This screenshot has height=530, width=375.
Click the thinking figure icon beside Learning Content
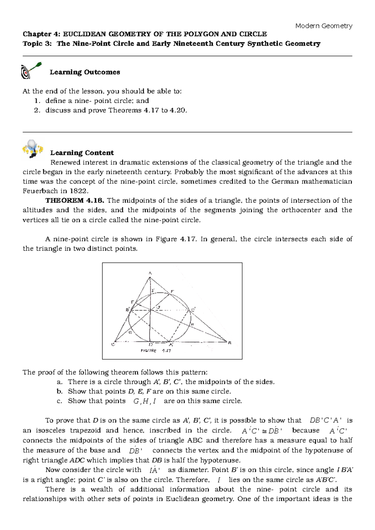(x=33, y=149)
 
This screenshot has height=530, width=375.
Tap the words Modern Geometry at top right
(x=324, y=26)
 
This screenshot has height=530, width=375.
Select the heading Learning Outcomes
(x=85, y=72)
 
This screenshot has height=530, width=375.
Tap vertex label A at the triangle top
(x=150, y=273)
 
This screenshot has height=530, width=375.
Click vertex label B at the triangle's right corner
(x=230, y=343)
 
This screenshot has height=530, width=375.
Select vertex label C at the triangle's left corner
(x=113, y=345)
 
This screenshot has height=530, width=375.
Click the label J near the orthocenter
(x=159, y=307)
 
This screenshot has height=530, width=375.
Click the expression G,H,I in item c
(x=145, y=401)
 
